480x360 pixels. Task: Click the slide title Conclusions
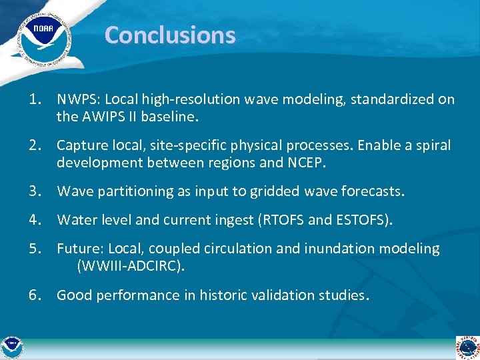170,35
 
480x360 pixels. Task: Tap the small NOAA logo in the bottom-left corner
11,346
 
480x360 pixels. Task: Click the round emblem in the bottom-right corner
467,347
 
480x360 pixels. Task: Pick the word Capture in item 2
80,145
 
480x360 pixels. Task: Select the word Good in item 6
74,295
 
